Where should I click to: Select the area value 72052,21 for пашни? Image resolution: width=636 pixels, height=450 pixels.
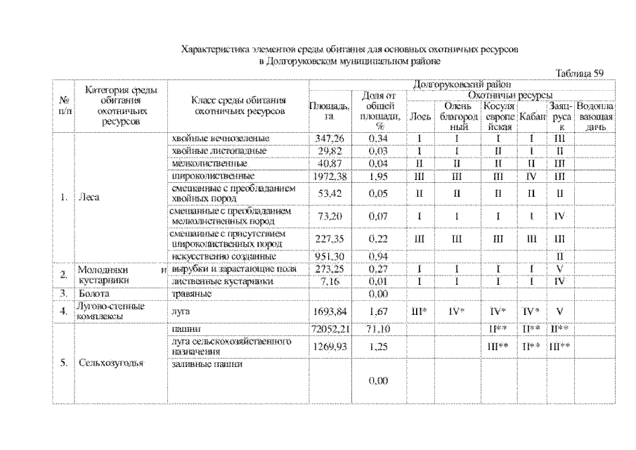(x=329, y=328)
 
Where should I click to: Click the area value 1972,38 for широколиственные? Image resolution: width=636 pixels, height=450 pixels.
(x=329, y=174)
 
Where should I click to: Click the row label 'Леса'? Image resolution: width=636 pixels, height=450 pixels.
(x=90, y=198)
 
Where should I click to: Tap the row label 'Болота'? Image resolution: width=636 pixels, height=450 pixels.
(x=93, y=292)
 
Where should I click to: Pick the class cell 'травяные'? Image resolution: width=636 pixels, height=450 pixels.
(x=190, y=292)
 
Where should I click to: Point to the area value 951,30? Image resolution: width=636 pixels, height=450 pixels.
(x=329, y=257)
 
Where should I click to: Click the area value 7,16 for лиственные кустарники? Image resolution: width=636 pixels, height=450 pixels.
(x=329, y=281)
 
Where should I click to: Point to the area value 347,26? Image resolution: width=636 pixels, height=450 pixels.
(x=329, y=139)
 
